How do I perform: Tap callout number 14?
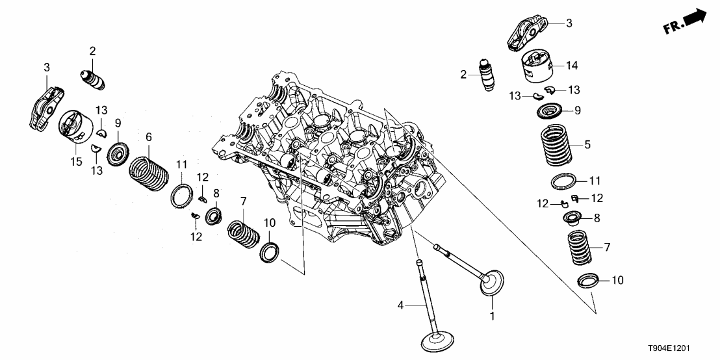(571, 66)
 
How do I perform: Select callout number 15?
(77, 161)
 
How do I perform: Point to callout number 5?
(588, 145)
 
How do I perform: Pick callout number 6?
(148, 137)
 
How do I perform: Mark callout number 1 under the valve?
(492, 317)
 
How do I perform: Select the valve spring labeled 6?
(150, 172)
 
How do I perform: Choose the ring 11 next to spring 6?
(182, 196)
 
